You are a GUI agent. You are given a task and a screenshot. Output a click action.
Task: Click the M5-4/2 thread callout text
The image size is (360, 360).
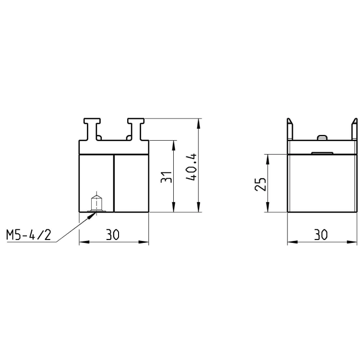pyautogui.click(x=28, y=235)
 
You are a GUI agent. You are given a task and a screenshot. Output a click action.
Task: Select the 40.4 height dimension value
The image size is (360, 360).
pyautogui.click(x=192, y=167)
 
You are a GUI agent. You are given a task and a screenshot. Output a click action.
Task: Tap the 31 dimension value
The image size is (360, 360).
pyautogui.click(x=166, y=177)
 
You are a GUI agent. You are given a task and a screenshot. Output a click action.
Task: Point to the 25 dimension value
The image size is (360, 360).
pyautogui.click(x=261, y=184)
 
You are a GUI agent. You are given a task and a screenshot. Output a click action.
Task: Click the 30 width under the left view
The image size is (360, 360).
pyautogui.click(x=112, y=235)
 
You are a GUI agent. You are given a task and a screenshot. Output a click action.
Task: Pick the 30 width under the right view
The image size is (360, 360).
pyautogui.click(x=321, y=235)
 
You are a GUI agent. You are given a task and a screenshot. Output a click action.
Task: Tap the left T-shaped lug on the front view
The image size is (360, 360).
pyautogui.click(x=92, y=129)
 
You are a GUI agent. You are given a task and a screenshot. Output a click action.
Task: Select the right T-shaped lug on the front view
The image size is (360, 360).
pyautogui.click(x=136, y=129)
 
